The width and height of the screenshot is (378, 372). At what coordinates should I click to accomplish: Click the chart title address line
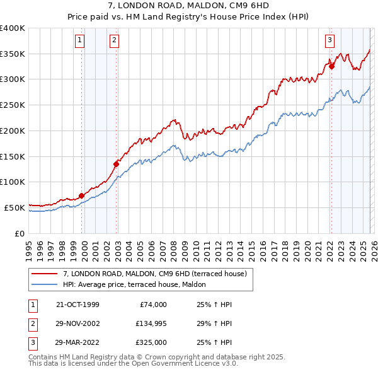click(189, 5)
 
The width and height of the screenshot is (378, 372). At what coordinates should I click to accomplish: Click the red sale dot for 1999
click(82, 195)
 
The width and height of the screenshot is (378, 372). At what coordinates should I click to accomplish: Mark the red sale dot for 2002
click(116, 164)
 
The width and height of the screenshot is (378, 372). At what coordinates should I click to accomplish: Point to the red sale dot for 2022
click(331, 66)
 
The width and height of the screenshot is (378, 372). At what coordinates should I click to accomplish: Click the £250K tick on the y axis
click(13, 105)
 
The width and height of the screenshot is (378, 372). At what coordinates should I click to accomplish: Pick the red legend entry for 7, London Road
click(158, 274)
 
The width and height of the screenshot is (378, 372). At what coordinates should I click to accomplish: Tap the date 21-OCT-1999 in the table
click(77, 305)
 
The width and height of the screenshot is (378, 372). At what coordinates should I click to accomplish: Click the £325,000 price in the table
click(151, 342)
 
